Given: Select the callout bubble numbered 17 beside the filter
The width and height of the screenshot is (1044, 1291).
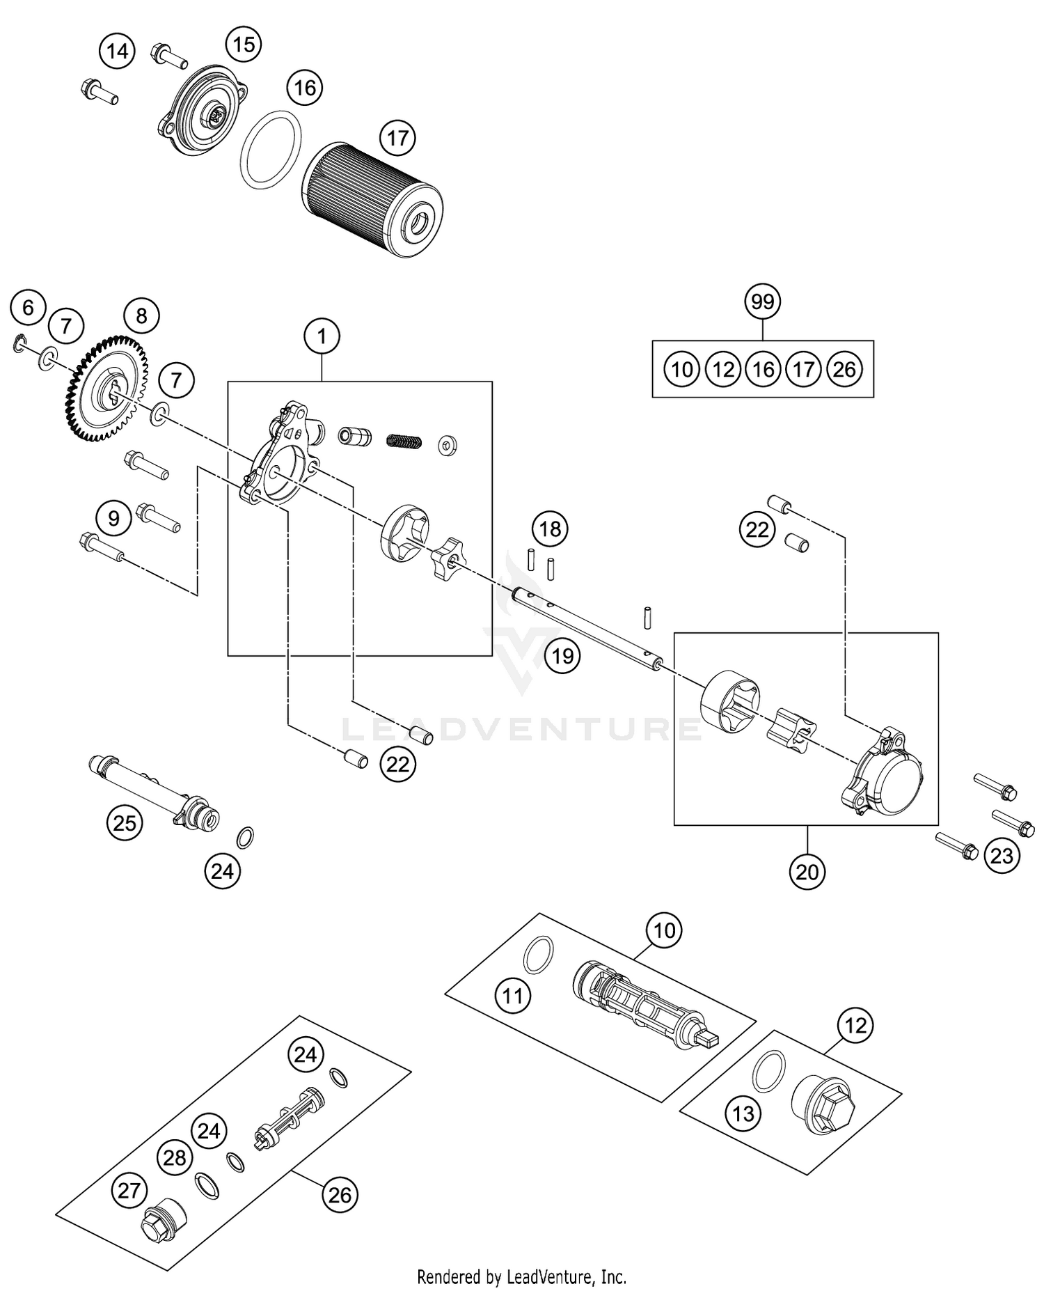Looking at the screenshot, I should click(397, 138).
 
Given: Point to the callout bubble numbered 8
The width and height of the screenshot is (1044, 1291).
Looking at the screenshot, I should click(141, 316).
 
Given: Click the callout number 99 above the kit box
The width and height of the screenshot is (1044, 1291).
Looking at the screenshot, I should click(763, 302).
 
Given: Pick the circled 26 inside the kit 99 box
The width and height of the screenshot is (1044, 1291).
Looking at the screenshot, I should click(844, 369).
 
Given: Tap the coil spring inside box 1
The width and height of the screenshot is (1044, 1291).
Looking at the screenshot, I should click(404, 441).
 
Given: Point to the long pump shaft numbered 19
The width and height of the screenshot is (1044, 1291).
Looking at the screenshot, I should click(585, 627).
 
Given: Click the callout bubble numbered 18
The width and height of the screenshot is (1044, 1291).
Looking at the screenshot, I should click(550, 529).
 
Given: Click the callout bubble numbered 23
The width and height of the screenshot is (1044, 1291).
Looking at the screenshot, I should click(1002, 855).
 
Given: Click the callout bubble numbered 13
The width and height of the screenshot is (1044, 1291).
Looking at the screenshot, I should click(743, 1113).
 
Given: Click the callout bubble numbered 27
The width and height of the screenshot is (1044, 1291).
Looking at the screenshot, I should click(129, 1190).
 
